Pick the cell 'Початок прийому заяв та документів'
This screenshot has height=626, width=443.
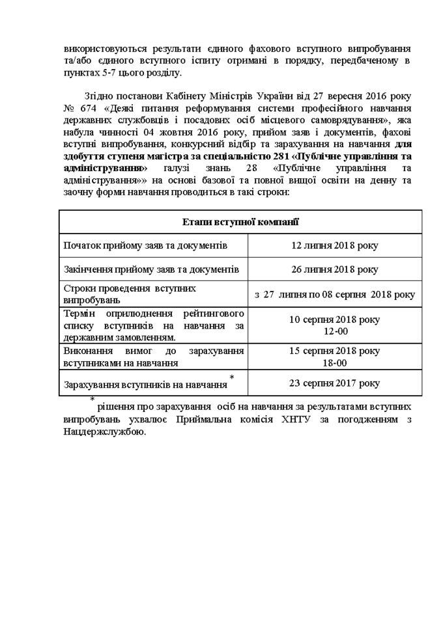[x=145, y=245]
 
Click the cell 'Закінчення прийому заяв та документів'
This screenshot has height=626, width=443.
[x=151, y=269]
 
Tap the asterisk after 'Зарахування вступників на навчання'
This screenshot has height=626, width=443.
[x=232, y=378]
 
